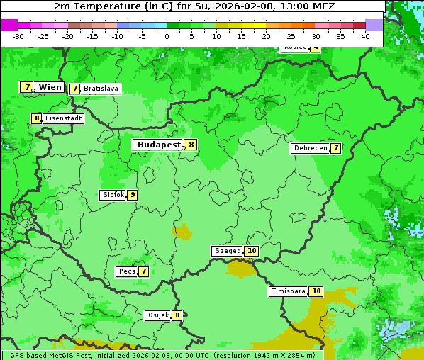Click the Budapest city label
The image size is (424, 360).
click(x=159, y=144)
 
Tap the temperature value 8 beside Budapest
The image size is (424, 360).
click(x=191, y=145)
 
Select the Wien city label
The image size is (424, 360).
click(x=50, y=87)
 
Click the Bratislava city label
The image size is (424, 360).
click(x=101, y=89)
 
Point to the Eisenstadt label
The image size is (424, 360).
click(x=63, y=118)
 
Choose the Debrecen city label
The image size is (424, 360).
click(x=310, y=148)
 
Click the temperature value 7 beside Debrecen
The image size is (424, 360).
click(x=335, y=148)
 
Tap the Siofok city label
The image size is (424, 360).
click(x=113, y=195)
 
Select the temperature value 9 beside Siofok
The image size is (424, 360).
click(x=132, y=195)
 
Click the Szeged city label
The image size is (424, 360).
click(x=228, y=251)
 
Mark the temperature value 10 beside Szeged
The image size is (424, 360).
click(x=252, y=251)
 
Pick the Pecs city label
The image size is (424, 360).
click(x=128, y=271)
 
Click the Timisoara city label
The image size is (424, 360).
click(x=288, y=291)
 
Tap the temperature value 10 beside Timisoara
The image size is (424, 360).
click(x=316, y=291)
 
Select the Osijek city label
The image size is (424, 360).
click(x=157, y=315)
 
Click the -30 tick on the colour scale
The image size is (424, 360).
click(x=18, y=35)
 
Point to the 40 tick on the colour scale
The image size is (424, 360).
click(x=365, y=35)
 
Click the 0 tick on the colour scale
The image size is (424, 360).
click(x=167, y=35)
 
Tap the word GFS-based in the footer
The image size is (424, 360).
click(x=27, y=355)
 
